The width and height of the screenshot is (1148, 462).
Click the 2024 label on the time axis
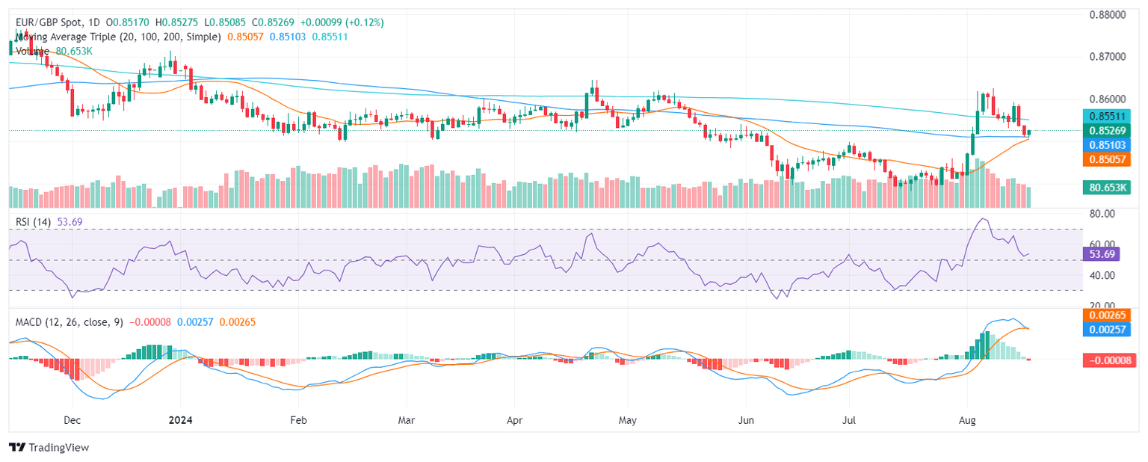(x=179, y=420)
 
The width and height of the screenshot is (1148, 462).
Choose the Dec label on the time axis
(x=72, y=420)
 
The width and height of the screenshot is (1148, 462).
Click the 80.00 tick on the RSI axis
(x=1098, y=214)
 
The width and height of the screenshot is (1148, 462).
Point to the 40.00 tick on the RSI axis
(x=1098, y=275)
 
